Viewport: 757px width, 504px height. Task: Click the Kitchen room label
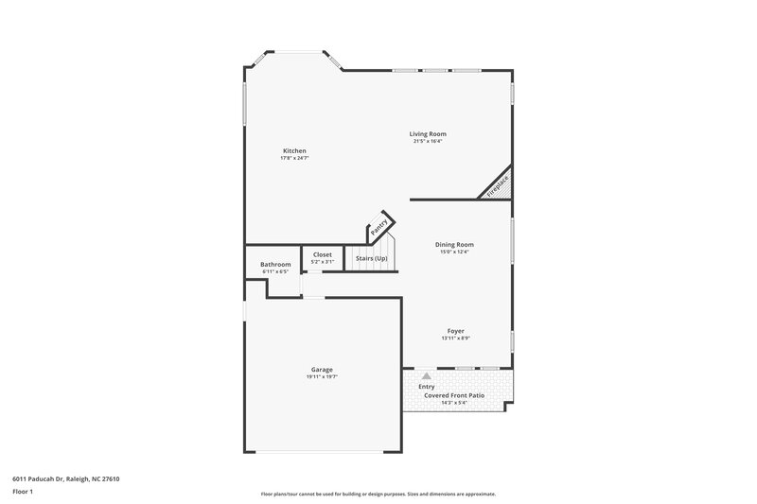click(x=294, y=151)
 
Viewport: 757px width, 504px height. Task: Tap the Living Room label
click(x=428, y=134)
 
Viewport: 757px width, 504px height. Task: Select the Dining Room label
click(x=454, y=245)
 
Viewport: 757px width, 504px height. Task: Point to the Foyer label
click(x=455, y=331)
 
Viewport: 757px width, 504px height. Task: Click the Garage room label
click(x=322, y=370)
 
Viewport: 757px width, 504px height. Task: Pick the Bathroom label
click(x=275, y=265)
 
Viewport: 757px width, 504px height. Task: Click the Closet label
click(x=323, y=254)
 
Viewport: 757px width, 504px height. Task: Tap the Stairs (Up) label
click(x=371, y=258)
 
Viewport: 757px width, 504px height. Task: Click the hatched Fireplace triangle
click(x=500, y=184)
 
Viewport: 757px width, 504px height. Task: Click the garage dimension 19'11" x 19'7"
click(x=322, y=376)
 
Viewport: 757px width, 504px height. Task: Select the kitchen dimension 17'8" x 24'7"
click(x=294, y=158)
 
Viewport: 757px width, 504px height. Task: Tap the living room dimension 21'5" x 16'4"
click(x=428, y=141)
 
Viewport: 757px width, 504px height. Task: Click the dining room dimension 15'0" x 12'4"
click(x=454, y=252)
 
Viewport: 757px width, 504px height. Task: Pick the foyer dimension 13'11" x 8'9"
click(x=455, y=338)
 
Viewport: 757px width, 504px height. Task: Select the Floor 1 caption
click(x=23, y=493)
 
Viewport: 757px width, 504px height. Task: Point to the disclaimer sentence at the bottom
click(x=378, y=494)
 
